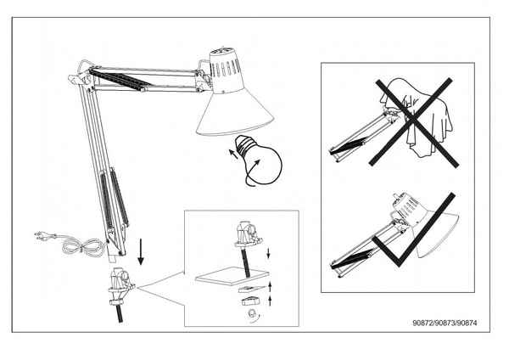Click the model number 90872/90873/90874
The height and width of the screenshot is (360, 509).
(445, 323)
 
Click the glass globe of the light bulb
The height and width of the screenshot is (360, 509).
(264, 166)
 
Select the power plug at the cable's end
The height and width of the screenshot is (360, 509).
(44, 235)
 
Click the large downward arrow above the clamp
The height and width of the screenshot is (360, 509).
(141, 252)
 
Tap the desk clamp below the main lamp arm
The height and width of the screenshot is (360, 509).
(121, 286)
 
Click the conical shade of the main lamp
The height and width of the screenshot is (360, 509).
(235, 111)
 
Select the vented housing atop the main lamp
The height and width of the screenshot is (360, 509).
(226, 70)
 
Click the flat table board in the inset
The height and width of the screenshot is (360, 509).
(232, 276)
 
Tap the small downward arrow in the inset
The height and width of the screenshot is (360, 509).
(268, 253)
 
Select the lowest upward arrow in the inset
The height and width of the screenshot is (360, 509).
(270, 301)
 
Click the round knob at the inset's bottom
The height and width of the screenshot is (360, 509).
(252, 315)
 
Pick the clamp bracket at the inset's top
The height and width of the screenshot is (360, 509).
(249, 233)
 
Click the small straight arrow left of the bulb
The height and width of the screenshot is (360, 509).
(233, 154)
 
